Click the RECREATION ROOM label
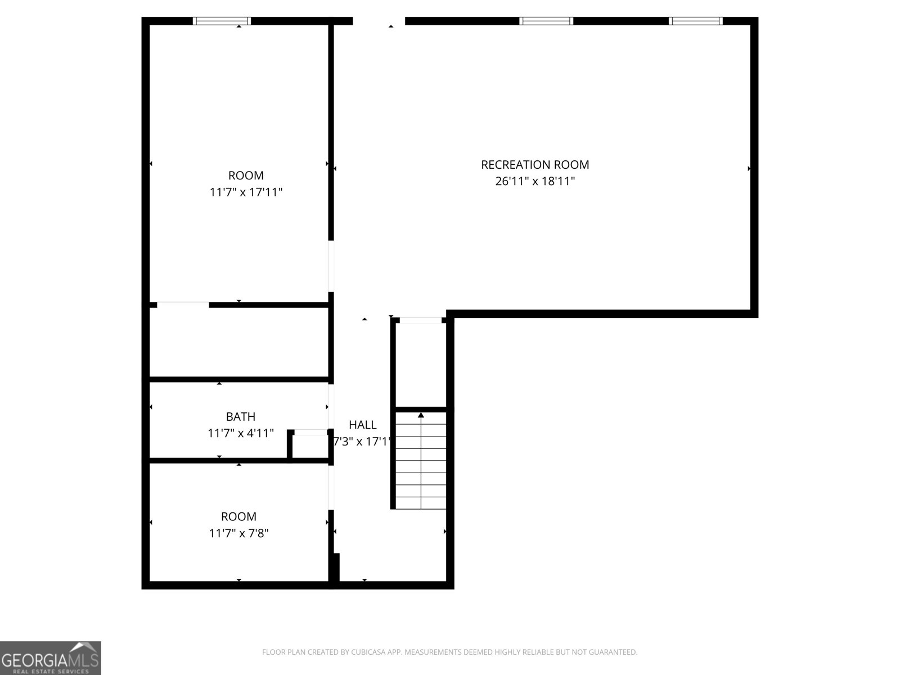pos(535,165)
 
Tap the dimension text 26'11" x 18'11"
pos(535,181)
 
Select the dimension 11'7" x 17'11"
pos(246,192)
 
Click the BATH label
pos(240,417)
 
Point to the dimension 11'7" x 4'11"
pos(240,433)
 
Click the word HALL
pos(362,425)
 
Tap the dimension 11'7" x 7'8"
pos(238,533)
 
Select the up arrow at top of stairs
pos(421,415)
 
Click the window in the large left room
pos(222,21)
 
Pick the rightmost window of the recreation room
pos(695,21)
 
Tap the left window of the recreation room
pos(546,21)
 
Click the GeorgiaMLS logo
pos(50,658)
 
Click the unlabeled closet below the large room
pos(238,342)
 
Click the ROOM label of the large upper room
pos(246,175)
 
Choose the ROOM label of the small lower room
pos(238,516)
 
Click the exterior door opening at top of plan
pos(379,21)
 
